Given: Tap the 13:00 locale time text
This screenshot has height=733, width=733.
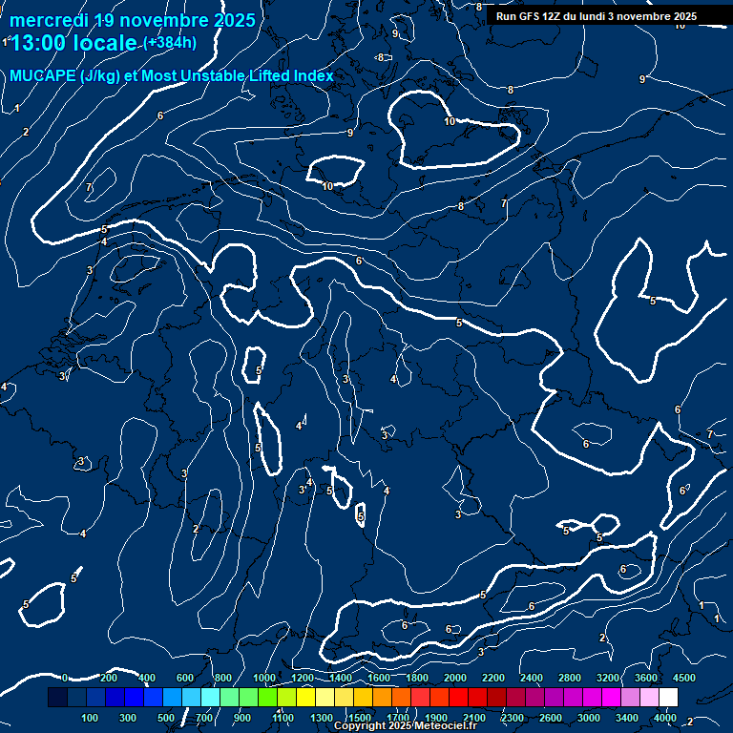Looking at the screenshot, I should coord(73,43).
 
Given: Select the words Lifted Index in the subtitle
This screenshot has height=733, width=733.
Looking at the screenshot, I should coord(285,76).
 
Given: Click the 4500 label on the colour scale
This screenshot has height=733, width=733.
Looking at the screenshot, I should coord(684,678).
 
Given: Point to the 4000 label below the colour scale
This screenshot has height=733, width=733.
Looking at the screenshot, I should coord(665,718).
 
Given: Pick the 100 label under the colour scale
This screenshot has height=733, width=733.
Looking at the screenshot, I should coord(91,718).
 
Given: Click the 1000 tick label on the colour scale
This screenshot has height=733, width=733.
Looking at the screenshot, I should coord(264,678).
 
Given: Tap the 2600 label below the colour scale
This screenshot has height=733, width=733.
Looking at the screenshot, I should coord(551,718).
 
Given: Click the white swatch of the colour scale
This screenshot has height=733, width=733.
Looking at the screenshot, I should coord(668,698).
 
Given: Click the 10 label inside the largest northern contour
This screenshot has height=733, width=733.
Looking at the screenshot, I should coord(450,122).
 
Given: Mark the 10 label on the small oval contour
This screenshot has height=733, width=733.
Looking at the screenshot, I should coord(328,186).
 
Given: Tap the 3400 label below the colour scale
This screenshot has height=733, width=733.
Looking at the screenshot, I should coord(627,718).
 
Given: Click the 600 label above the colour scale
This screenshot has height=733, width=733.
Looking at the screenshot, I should coord(185,678).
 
